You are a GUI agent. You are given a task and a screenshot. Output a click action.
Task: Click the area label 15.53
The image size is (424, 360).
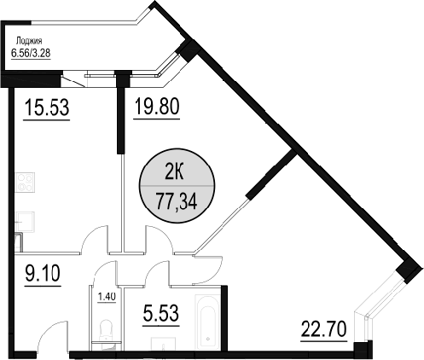(x=47, y=107)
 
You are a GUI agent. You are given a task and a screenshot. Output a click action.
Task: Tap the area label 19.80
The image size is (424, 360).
(x=157, y=106)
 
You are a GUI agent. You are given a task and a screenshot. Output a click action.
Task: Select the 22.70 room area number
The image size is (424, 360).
(x=323, y=328)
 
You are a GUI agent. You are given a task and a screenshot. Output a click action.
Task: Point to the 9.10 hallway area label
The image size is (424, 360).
(x=43, y=273)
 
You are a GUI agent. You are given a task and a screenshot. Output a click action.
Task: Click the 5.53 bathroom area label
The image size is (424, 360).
(x=161, y=313)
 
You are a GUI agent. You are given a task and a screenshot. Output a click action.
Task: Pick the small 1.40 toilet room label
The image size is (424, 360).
(x=107, y=297)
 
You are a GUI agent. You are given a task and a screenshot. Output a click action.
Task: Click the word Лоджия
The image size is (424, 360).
(x=29, y=41)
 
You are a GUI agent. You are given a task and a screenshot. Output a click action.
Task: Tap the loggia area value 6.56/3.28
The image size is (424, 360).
(x=31, y=53)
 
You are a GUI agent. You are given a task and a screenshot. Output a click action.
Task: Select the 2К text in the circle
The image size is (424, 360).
(x=174, y=173)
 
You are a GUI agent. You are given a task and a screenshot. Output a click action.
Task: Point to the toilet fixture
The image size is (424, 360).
(x=107, y=333)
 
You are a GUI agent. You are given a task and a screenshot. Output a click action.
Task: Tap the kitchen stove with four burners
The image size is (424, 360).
(x=25, y=182)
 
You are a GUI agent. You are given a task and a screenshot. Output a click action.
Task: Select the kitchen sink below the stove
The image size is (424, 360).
(x=25, y=221)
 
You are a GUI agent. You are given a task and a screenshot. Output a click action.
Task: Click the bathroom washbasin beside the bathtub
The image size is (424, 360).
(x=164, y=345)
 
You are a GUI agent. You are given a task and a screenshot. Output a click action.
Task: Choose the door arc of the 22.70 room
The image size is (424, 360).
(x=217, y=275)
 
